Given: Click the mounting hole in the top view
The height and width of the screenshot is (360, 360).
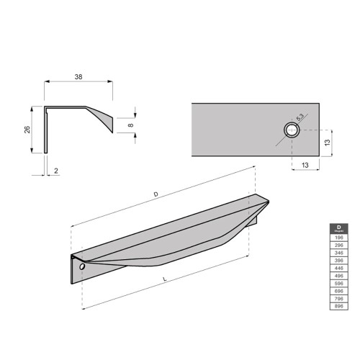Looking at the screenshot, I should point(291,130).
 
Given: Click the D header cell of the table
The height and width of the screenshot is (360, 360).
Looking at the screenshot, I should point(336,229).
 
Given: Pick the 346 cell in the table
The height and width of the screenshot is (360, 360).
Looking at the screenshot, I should point(336,253).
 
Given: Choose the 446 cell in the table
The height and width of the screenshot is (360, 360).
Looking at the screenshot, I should point(336,268).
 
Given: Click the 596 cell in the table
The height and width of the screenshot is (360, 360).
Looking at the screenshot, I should point(336,283).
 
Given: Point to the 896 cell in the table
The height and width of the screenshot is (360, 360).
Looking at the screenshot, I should point(336,306).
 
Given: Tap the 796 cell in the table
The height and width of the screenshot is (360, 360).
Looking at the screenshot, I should point(336,298).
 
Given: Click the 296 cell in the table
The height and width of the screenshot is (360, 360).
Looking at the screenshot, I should point(336,246).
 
